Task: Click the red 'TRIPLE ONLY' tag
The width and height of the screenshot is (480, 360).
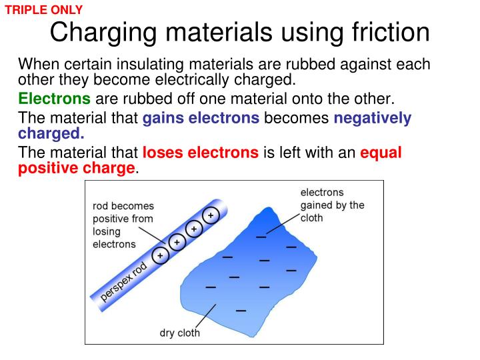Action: pos(44,10)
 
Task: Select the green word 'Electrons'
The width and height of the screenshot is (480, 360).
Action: pos(54,99)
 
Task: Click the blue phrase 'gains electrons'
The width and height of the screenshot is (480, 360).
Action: pos(201,118)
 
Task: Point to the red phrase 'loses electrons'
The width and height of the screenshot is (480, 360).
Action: pos(201,153)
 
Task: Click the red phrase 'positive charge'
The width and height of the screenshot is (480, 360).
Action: pos(76,168)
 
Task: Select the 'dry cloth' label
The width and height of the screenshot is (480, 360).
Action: pos(179,333)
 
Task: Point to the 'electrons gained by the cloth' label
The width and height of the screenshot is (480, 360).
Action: pos(332,205)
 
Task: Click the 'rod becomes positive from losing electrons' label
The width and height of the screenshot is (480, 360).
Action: pos(123,225)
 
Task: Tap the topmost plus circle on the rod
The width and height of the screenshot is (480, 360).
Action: pos(211,216)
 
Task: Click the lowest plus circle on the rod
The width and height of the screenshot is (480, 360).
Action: pos(160,255)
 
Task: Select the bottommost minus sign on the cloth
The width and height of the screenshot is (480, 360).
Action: pos(241,310)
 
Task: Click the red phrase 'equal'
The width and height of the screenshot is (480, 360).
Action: pos(381,153)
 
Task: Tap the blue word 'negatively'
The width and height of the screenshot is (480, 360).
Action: pos(373,118)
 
